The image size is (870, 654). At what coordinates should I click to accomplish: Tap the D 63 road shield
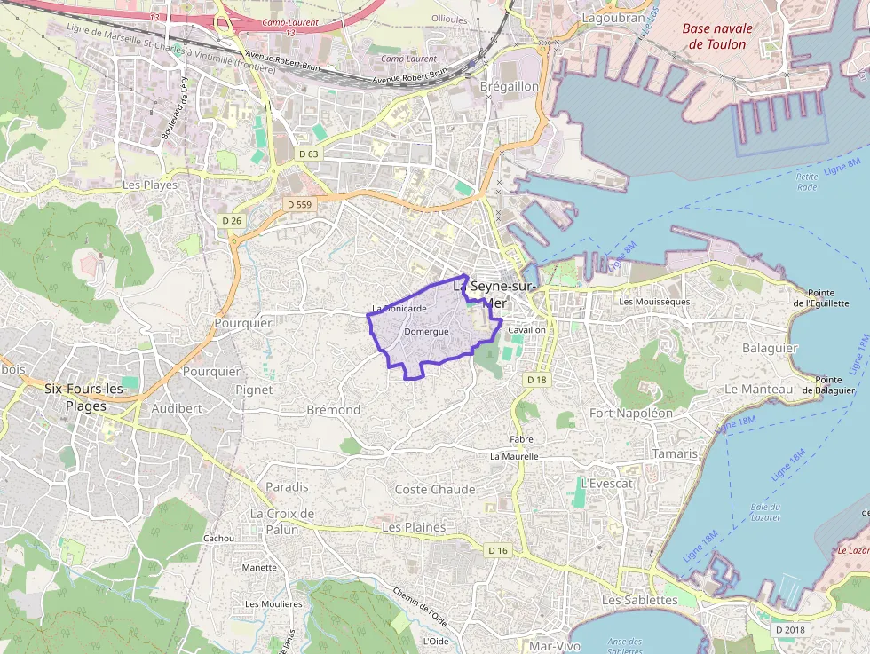pos(308,154)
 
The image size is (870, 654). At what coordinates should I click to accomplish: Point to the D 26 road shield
pos(232,220)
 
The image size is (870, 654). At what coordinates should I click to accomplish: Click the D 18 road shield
pos(536,380)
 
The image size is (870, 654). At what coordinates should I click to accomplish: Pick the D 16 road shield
pos(498,550)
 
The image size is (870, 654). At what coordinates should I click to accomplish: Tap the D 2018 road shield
pos(789,630)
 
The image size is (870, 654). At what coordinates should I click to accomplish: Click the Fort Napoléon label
pos(631,413)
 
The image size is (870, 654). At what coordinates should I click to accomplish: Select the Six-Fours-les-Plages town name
pos(86,397)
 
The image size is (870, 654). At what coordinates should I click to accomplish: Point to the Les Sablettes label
pos(639,600)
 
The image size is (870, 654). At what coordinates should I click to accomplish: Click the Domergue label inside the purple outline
pos(426,331)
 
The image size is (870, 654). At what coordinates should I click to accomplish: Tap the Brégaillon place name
pos(509,86)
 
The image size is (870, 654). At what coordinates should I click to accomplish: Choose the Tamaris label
pos(675,453)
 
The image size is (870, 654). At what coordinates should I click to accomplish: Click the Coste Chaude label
pos(435,489)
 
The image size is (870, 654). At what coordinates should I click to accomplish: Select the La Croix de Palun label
pos(282,522)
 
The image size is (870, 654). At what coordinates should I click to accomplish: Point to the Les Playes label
pos(150,185)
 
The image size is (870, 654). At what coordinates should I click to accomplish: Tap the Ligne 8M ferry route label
pos(842,165)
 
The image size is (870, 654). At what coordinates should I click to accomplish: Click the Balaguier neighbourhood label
pos(770,348)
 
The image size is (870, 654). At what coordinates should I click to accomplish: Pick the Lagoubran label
pos(613,17)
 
